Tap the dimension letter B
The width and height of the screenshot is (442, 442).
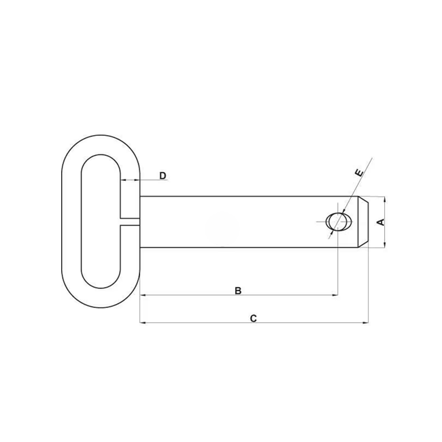coord(238,290)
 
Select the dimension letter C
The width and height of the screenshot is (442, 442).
coord(253,318)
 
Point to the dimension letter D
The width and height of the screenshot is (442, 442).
coord(163,176)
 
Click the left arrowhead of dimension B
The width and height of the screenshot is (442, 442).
coord(141,296)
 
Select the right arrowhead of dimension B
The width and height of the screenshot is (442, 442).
coord(335,296)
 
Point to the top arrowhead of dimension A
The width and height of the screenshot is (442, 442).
coord(384,199)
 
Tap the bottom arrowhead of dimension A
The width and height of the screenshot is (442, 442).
coord(384,245)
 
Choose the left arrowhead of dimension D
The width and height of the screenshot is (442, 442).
coord(124,181)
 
